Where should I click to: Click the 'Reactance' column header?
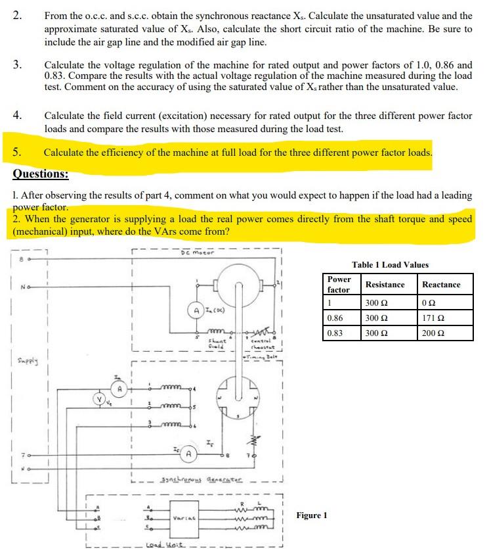coord(441,285)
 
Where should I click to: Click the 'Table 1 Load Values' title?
coord(390,264)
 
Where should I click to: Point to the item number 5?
coord(17,153)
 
